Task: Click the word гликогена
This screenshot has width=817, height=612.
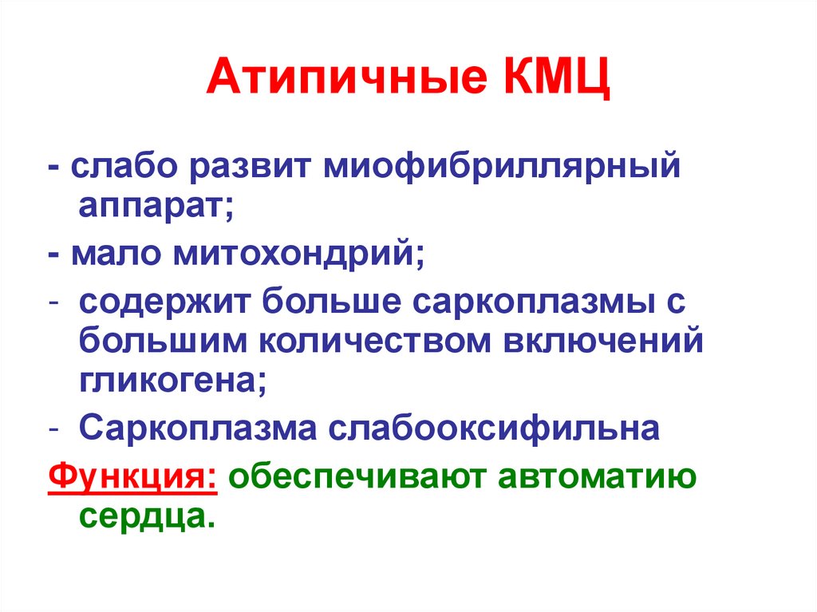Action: pyautogui.click(x=172, y=382)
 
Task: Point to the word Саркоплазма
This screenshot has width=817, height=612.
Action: pyautogui.click(x=199, y=429)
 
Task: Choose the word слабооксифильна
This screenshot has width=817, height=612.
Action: pyautogui.click(x=495, y=429)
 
